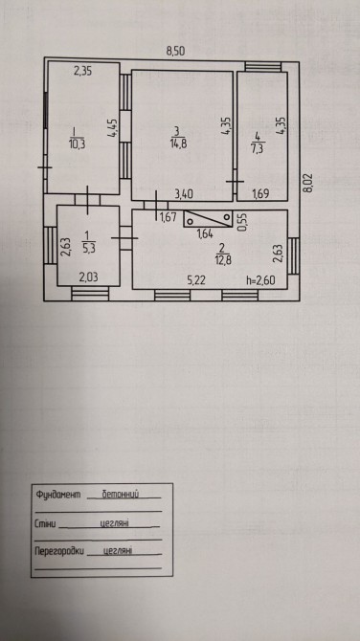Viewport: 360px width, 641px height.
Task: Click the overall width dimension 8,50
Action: [175, 51]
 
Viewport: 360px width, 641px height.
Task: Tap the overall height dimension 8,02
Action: [308, 183]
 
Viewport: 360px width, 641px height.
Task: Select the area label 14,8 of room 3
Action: [177, 144]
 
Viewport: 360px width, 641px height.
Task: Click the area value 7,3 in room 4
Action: [257, 148]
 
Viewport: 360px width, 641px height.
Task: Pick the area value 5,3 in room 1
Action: [88, 248]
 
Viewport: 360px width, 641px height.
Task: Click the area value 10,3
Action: [77, 144]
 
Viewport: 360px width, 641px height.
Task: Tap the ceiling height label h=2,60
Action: [261, 280]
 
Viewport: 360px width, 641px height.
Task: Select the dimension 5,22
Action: [196, 280]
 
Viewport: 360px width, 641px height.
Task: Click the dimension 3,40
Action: [184, 194]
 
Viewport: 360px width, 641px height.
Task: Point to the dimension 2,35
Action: [82, 71]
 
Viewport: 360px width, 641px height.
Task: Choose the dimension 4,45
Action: [113, 128]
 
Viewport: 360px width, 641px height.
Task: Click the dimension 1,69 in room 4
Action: [261, 194]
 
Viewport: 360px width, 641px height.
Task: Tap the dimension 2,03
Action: [88, 277]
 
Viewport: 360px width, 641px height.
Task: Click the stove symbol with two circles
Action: [208, 219]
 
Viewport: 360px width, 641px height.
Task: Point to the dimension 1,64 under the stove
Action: [205, 234]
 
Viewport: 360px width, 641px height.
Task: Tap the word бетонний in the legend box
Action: [121, 495]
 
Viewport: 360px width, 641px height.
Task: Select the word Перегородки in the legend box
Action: [59, 551]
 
